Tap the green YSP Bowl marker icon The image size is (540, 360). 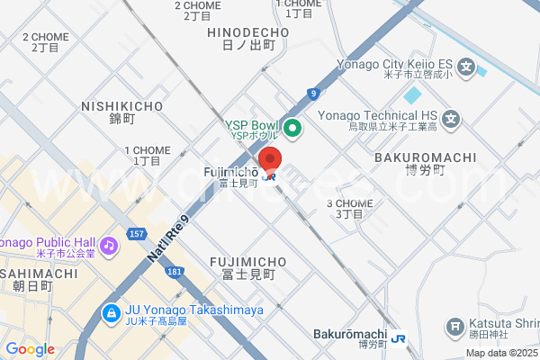point(292,130)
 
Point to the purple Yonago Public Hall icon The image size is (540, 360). point(109,245)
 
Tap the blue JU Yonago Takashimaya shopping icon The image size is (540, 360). point(110,313)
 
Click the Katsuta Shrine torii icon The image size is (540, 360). point(456,326)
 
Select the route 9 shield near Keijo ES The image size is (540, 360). point(312,93)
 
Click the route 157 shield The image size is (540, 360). point(137,234)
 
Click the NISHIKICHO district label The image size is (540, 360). point(121,106)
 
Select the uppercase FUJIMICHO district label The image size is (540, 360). point(247,261)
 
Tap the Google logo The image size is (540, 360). point(31,349)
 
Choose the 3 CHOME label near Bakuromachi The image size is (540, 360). point(349,203)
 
